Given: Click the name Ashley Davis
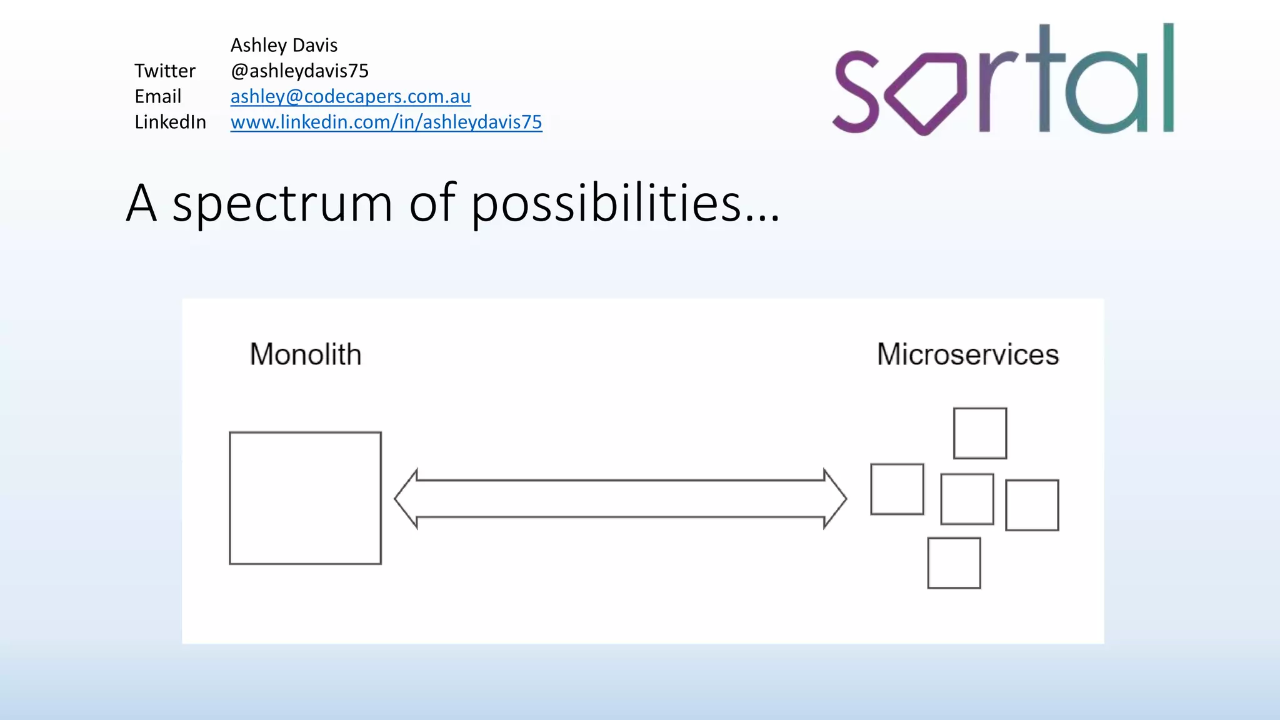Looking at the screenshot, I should coord(284,45).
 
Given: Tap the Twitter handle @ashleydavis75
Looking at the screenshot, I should coord(299,71).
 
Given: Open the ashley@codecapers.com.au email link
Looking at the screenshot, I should coord(350,96).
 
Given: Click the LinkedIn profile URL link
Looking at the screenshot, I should coord(386,122).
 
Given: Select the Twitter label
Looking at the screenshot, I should coord(164,71).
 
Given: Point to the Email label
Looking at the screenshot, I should coord(157,96).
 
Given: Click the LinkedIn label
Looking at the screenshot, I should coord(170,122).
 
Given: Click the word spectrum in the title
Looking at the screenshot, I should coord(282,204).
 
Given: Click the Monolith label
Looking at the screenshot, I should coord(305,354).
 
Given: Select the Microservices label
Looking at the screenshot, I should coord(967,354).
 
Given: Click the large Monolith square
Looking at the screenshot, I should coord(305,498).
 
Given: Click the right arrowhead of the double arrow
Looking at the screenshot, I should coord(835,499).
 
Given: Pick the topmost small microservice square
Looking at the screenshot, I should coord(979,433).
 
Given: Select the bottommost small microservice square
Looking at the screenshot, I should coord(954,562).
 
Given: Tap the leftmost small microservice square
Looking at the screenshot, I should coord(897,489).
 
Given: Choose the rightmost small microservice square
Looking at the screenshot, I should coord(1032,505).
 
